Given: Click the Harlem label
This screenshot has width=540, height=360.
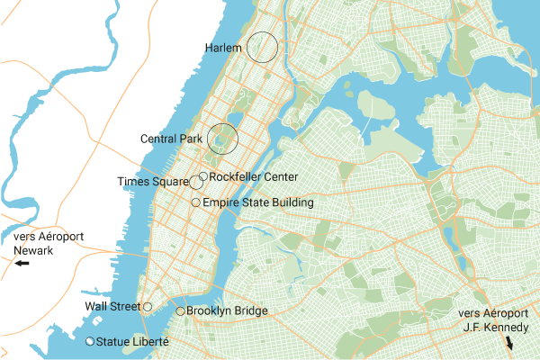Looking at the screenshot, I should pyautogui.click(x=224, y=47).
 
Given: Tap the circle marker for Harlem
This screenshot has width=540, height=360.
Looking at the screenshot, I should pyautogui.click(x=262, y=47).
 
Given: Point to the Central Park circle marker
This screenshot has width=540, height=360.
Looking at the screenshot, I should pyautogui.click(x=222, y=139).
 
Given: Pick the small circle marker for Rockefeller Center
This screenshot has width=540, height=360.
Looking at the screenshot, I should pyautogui.click(x=203, y=176).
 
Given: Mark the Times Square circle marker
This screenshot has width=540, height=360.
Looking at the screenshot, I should pyautogui.click(x=196, y=183).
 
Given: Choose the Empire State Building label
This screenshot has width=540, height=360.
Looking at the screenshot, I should pyautogui.click(x=258, y=203).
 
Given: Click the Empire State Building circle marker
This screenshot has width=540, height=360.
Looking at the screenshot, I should pyautogui.click(x=196, y=203).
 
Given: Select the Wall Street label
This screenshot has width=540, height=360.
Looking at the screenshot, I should pyautogui.click(x=112, y=307).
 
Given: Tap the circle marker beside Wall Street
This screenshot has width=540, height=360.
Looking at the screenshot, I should pyautogui.click(x=148, y=307).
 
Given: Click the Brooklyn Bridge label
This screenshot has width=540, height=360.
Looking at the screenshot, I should pyautogui.click(x=227, y=311).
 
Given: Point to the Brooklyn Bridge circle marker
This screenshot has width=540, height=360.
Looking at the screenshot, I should pyautogui.click(x=180, y=311).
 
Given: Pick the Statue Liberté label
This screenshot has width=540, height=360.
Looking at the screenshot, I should pyautogui.click(x=133, y=342).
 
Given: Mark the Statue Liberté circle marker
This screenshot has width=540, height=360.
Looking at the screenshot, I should pyautogui.click(x=90, y=342).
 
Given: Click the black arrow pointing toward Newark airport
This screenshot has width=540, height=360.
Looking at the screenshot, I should pyautogui.click(x=21, y=265).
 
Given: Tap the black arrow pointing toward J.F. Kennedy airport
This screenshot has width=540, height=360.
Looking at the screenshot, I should pyautogui.click(x=510, y=344).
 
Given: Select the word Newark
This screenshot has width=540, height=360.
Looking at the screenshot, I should pyautogui.click(x=32, y=250).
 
